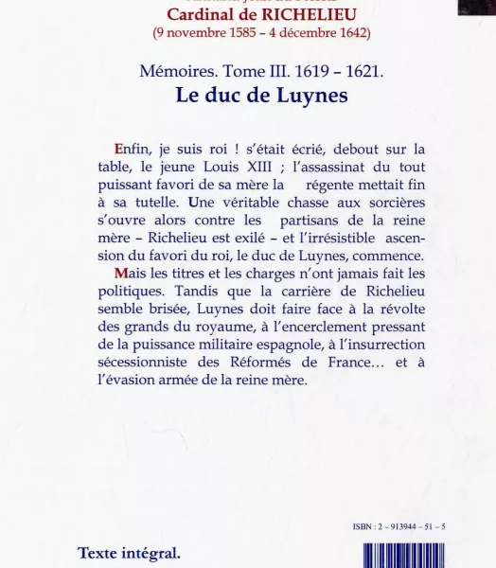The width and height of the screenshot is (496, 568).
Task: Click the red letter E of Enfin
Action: click(x=117, y=149)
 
